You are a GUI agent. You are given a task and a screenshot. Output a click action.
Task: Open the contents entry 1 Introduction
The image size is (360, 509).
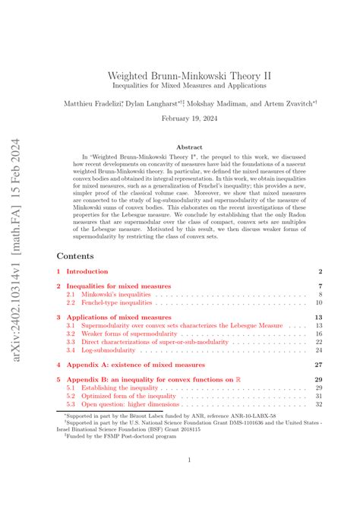[87, 271]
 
